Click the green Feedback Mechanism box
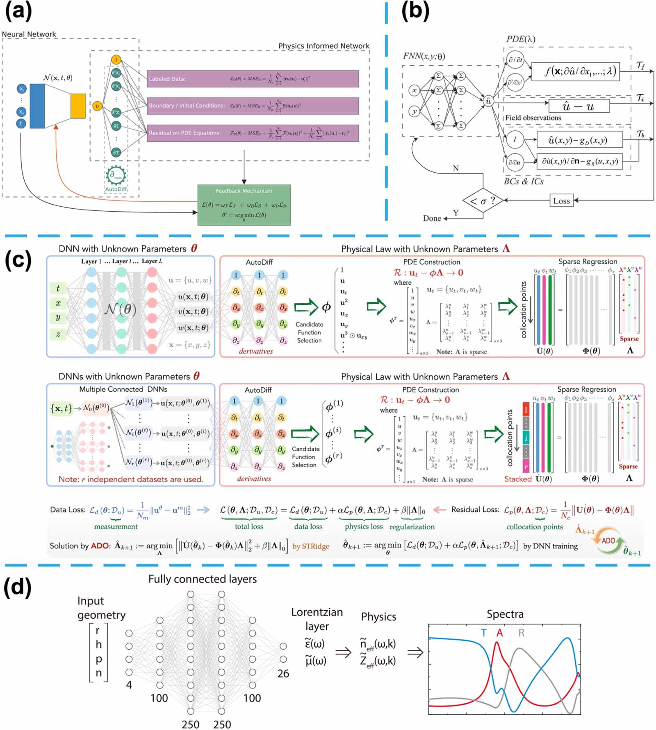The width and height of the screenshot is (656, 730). (244, 205)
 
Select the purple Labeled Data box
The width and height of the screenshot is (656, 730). (253, 79)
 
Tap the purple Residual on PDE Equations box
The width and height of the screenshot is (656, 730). (253, 133)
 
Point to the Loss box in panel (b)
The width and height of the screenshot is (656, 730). (561, 201)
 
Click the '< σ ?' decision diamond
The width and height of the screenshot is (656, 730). (483, 201)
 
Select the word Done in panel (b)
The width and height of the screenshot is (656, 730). (432, 218)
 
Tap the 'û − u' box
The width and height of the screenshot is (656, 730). (579, 106)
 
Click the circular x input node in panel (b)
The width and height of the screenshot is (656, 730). (414, 90)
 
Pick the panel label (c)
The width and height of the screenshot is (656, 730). (18, 259)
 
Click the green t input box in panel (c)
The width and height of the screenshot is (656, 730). (58, 288)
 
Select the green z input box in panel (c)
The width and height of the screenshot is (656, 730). (58, 334)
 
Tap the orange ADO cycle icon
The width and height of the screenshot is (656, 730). (608, 541)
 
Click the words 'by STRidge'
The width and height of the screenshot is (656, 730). (310, 546)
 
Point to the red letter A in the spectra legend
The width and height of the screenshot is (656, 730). (499, 633)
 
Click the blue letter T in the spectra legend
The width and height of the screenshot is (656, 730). (484, 633)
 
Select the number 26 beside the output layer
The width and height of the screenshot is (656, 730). (283, 673)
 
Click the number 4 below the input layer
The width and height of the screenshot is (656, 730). (129, 684)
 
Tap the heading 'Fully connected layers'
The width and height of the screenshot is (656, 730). (203, 579)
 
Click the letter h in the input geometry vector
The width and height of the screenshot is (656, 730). (98, 645)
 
